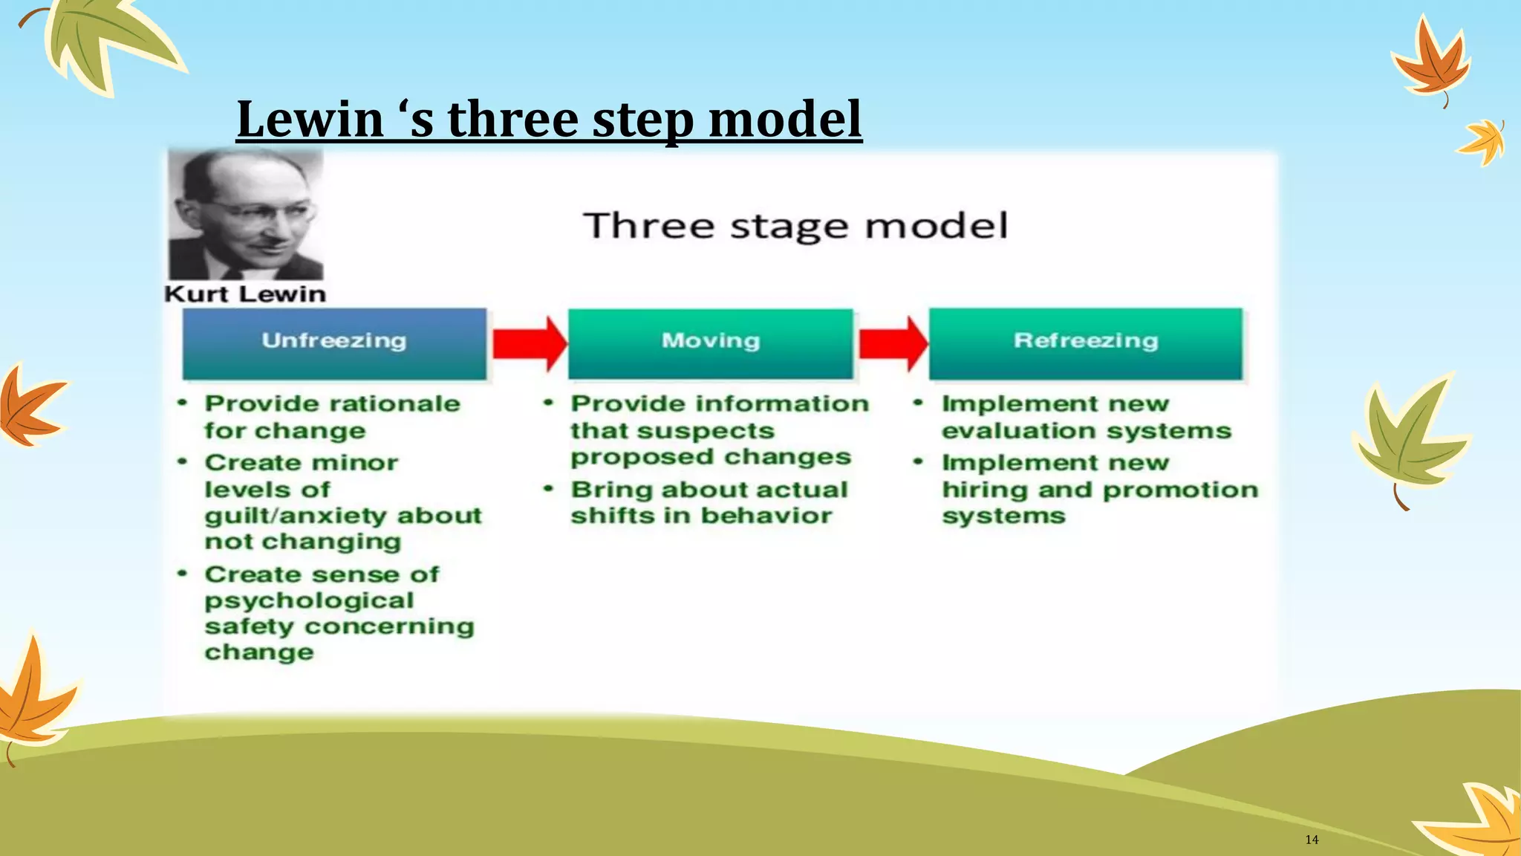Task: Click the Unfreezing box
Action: [334, 343]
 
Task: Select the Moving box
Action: [711, 343]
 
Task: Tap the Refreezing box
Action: [1085, 343]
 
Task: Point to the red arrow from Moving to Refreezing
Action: [893, 343]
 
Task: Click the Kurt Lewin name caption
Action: [245, 294]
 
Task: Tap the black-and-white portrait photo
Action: [246, 214]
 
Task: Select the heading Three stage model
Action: [795, 225]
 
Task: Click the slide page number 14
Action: [1312, 840]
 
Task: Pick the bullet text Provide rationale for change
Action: [332, 417]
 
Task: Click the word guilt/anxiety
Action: [291, 516]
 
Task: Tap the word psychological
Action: [309, 600]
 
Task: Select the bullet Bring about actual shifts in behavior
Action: [709, 502]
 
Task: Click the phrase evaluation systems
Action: [1086, 431]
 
